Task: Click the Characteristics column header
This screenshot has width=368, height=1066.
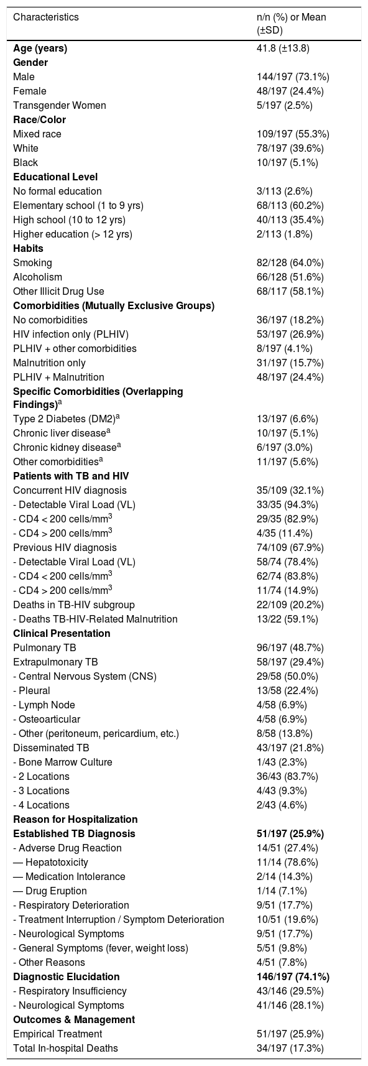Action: coord(46,17)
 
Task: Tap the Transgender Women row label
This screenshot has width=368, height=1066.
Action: coord(60,105)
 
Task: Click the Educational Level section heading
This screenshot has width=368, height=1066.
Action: coord(55,177)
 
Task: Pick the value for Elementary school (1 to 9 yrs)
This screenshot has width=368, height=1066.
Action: coord(290,205)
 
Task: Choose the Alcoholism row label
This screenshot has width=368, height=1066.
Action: coord(37,277)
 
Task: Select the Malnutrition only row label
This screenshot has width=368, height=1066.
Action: coord(50,362)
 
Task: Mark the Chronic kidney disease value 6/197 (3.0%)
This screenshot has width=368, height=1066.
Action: coord(284,447)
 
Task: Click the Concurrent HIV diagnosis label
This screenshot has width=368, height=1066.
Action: coord(70,490)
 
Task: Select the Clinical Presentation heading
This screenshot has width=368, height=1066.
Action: coord(62,633)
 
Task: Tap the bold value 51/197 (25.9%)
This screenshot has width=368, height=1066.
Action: coord(290,833)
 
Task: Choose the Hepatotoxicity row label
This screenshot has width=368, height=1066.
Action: coord(50,862)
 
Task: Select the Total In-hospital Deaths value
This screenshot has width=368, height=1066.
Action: coord(290,1047)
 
